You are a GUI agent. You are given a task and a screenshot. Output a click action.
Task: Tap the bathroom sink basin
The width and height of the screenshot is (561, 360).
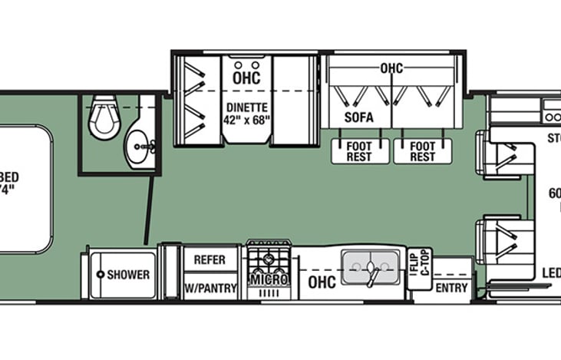tap(139, 143)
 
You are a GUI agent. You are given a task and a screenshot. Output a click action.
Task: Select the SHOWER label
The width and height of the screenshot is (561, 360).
tap(127, 274)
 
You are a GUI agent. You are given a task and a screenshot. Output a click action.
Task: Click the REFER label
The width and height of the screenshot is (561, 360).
tap(209, 259)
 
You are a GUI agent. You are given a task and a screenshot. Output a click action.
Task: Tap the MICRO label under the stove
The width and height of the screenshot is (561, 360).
tap(269, 279)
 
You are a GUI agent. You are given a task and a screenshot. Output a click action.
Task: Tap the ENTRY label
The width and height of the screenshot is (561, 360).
tap(450, 288)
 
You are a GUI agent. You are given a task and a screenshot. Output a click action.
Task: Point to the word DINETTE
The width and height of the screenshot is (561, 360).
tap(246, 107)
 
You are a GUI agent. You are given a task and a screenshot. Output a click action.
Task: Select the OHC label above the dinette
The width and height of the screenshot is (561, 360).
tap(246, 78)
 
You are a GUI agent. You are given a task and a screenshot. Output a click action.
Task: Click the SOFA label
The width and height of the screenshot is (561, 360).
tap(358, 117)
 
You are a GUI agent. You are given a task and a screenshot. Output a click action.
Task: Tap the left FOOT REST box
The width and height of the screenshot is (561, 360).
tap(358, 151)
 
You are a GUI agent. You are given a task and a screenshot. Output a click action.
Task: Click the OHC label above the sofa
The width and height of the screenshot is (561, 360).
tap(391, 68)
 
